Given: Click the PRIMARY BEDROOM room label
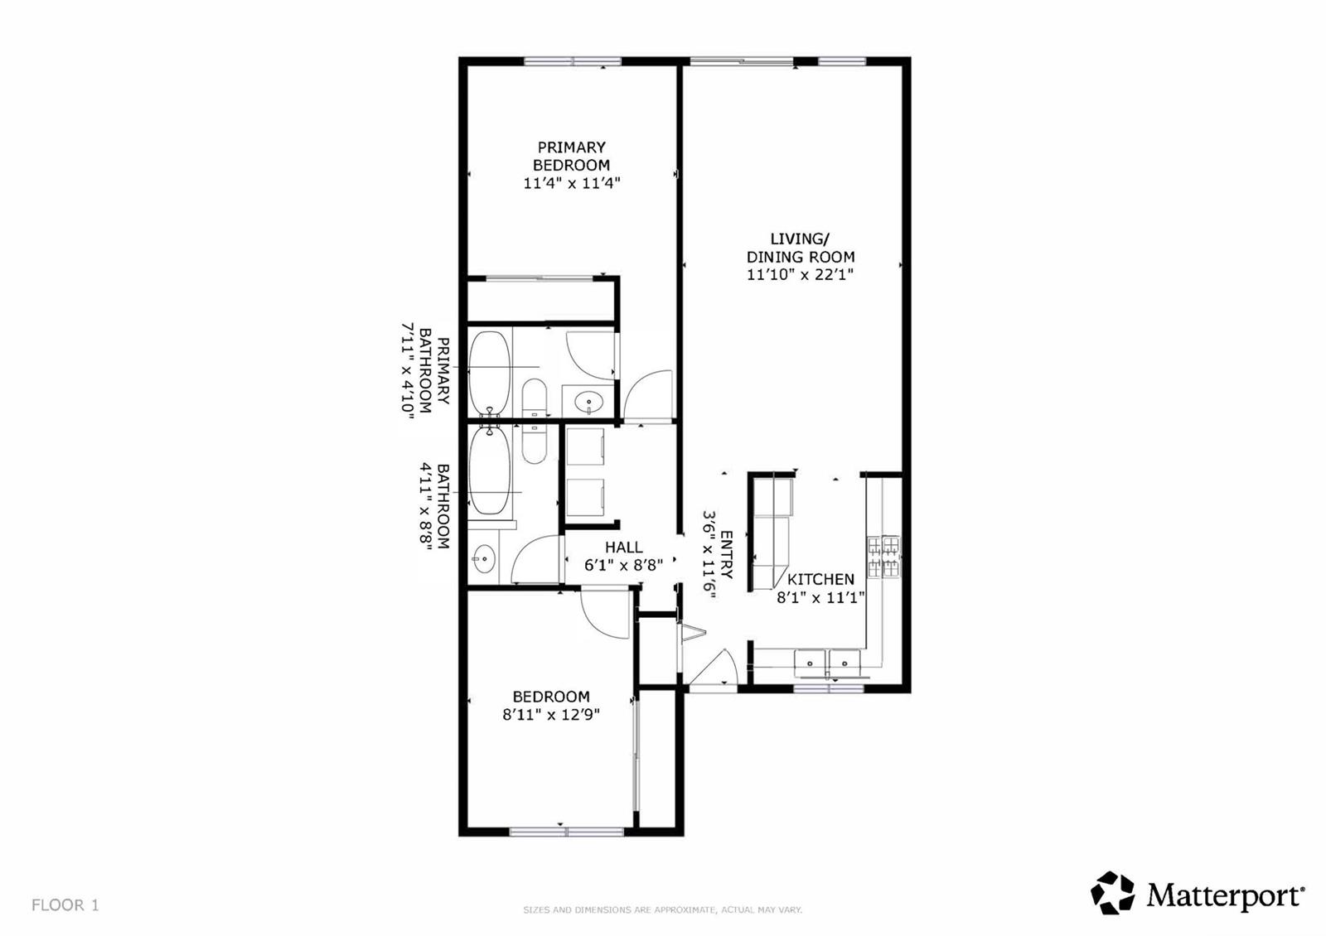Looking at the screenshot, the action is point(571,156).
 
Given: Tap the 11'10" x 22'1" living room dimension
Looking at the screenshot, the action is point(800,274).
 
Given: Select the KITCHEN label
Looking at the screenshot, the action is point(820,579).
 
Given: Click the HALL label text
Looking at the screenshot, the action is point(623,548).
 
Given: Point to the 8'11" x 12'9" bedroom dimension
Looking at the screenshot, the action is point(551,715).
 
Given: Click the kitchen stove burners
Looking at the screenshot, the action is point(883,556).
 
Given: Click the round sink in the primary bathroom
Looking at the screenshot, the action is point(589,403).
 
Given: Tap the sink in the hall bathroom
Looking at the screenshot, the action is point(484,558).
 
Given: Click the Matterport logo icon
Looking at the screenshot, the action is point(1112,893).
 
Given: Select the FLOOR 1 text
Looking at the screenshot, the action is point(65,905).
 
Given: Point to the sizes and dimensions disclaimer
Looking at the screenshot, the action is point(662,910).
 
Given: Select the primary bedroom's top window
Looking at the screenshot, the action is point(573,61).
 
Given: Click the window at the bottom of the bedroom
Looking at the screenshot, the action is point(567,832).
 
